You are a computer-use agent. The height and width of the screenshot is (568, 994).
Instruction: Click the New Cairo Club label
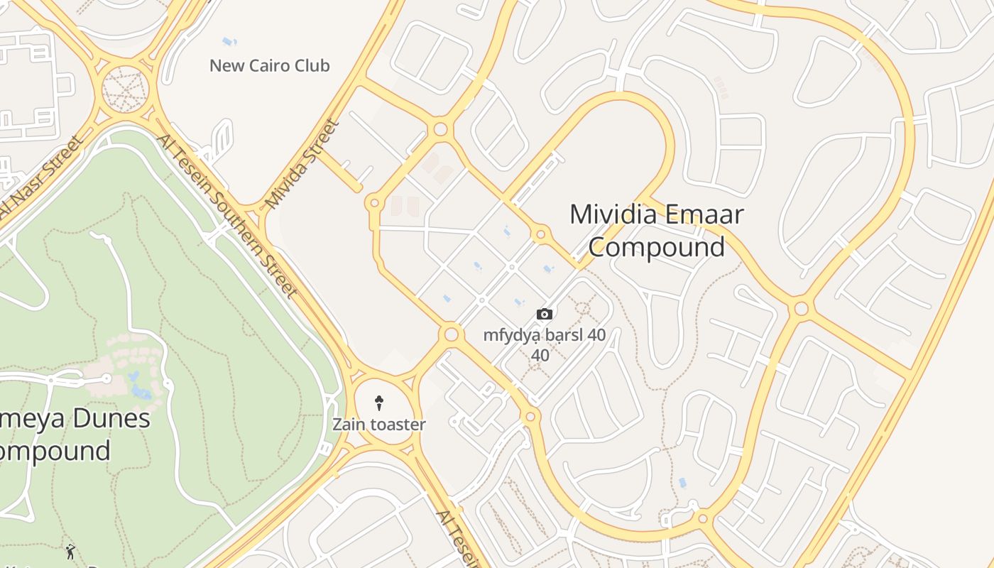coord(269,66)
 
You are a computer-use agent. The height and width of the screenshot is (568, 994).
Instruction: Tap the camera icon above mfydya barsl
coord(545,314)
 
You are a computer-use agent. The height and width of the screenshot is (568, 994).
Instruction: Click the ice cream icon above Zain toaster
coord(380,404)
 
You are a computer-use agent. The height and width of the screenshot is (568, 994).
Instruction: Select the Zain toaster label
coord(379,425)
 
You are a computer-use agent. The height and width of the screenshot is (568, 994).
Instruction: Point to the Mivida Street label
coord(302,165)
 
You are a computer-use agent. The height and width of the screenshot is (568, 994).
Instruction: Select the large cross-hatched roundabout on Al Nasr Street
coord(124,89)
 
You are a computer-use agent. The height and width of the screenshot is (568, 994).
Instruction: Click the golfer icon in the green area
coord(70,551)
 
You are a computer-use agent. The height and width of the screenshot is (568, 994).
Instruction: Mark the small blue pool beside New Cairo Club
coord(229,42)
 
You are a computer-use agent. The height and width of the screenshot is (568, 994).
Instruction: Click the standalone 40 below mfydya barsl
coord(540,355)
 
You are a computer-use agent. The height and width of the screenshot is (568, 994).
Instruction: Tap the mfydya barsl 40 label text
coord(544,335)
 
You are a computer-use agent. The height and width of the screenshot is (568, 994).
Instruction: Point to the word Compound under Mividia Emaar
coord(657,247)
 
